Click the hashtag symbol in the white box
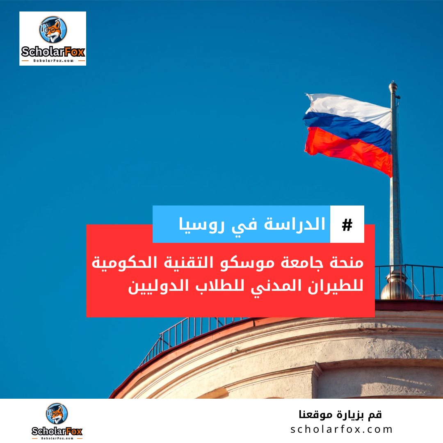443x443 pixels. coord(347,225)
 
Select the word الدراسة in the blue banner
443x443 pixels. coord(295,224)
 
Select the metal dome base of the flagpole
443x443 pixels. coord(396,285)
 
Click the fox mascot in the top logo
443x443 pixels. coord(53,30)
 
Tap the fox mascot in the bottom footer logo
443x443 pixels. coord(57,413)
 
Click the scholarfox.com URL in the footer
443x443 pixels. coord(342,429)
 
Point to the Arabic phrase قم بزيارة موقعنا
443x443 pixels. coord(340,414)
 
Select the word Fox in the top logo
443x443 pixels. coord(74,52)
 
